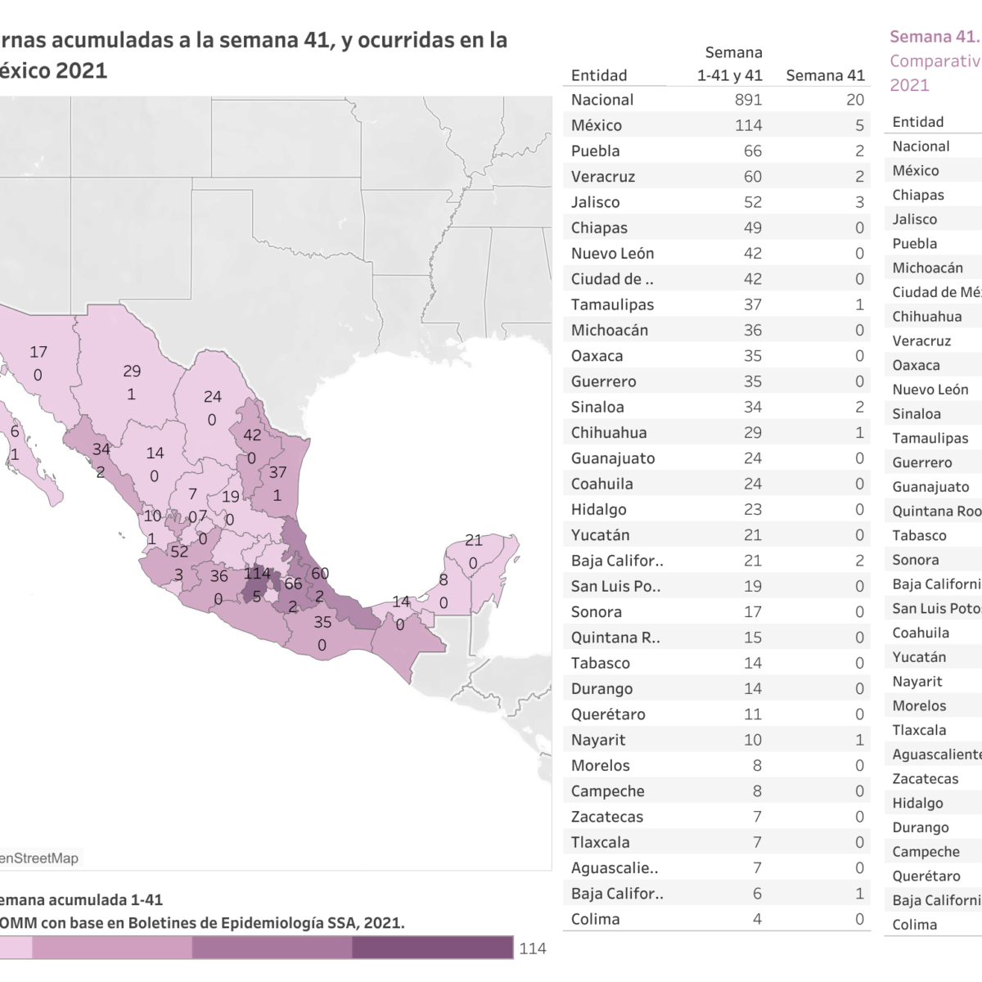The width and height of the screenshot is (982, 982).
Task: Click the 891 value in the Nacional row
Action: [x=748, y=100]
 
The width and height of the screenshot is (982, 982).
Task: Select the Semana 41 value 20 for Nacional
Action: [x=854, y=100]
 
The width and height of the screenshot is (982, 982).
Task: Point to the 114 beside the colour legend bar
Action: [x=532, y=948]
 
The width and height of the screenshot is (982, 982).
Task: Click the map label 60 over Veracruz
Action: [x=319, y=573]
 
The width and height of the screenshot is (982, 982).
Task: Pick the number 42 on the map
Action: [x=252, y=435]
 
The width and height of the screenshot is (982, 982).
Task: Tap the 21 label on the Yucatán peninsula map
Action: [x=474, y=540]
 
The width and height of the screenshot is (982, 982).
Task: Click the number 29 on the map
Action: [x=132, y=371]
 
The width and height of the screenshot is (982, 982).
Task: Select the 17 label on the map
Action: [x=38, y=352]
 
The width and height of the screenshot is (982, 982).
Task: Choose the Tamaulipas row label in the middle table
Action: [x=612, y=304]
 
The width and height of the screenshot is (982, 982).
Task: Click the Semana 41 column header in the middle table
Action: [x=825, y=75]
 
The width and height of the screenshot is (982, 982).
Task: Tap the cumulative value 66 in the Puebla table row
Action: [x=752, y=151]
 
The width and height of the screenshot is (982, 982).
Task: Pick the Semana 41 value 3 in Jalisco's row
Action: [x=859, y=202]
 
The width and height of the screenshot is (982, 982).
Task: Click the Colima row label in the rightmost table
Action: [x=914, y=925]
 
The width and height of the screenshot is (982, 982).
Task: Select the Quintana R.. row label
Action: [x=615, y=637]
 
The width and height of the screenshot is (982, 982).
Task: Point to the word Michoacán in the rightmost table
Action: [x=927, y=268]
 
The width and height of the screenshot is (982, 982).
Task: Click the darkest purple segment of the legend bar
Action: [x=433, y=947]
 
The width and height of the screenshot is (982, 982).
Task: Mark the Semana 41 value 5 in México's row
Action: [x=859, y=125]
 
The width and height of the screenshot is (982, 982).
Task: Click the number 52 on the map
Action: [x=179, y=552]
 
